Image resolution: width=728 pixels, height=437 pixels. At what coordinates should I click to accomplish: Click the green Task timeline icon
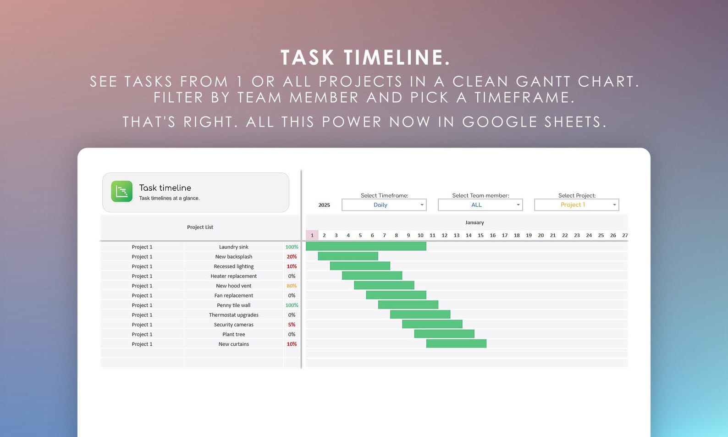(121, 191)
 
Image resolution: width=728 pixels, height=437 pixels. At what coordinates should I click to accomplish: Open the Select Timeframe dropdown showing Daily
(384, 205)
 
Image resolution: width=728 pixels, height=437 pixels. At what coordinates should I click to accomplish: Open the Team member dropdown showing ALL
(480, 205)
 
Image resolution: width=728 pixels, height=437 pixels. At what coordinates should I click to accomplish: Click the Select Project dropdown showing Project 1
(576, 205)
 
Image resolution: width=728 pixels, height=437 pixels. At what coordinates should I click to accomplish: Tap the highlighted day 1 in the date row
(312, 235)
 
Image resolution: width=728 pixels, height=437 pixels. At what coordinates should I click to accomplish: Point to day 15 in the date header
(480, 235)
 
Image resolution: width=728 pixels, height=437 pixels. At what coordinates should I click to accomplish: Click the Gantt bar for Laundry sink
(366, 247)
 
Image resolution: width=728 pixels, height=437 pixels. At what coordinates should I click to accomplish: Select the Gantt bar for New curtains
(456, 344)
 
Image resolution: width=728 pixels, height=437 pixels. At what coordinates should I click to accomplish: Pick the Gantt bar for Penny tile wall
(408, 305)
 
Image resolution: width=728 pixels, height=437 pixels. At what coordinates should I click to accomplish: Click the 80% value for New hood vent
(292, 286)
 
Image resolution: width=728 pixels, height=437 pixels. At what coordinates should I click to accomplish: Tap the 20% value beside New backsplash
(292, 257)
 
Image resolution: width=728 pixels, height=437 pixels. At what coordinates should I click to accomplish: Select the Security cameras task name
(233, 325)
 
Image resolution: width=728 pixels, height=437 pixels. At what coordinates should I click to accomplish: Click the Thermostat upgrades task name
(233, 315)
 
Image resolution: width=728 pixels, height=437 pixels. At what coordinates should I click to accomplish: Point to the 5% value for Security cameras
(292, 325)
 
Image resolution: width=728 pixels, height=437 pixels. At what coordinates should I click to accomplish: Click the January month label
(474, 222)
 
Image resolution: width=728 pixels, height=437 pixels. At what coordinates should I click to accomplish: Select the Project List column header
(200, 227)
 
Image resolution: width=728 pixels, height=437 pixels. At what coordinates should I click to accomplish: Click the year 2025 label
(324, 205)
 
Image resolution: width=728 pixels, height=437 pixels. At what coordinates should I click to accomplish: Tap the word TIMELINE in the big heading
(397, 58)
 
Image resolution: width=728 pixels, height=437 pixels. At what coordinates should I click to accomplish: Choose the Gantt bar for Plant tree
(444, 334)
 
